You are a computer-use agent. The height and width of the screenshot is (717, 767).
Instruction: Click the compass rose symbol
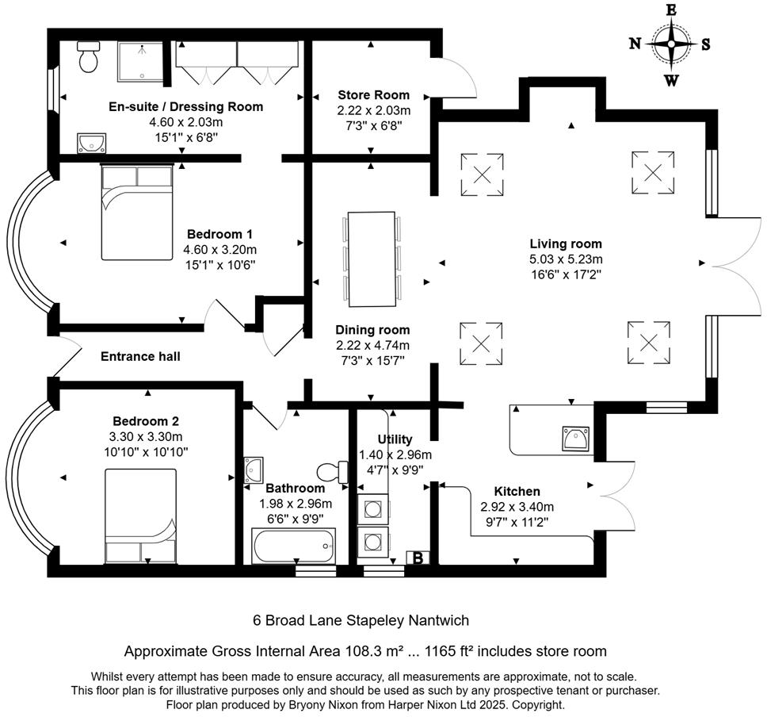[671, 44]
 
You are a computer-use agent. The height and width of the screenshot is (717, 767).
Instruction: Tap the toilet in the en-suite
[89, 56]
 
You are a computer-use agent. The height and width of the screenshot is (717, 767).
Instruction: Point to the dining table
[371, 259]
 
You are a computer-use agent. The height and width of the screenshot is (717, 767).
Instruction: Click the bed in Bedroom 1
[136, 213]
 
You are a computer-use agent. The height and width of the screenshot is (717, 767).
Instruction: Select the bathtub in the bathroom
[293, 546]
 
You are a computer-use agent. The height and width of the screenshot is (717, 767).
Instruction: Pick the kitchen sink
[575, 438]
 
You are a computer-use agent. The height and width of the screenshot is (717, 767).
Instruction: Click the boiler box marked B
[417, 558]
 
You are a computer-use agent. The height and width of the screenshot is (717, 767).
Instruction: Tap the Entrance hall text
[140, 357]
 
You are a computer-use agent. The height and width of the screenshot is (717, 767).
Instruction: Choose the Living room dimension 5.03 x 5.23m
[566, 259]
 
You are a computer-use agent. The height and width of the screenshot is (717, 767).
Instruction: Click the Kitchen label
[517, 492]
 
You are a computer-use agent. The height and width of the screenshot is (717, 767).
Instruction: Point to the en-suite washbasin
[92, 143]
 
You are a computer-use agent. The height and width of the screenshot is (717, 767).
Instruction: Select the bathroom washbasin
[254, 470]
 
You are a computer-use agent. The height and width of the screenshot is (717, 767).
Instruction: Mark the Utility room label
[395, 439]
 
